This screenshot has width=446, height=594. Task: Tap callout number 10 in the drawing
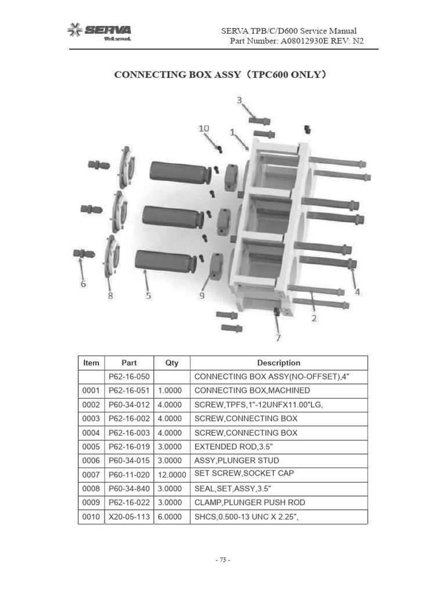pos(204,128)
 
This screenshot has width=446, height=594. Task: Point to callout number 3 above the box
pos(239,100)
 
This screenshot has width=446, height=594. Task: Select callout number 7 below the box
pos(278,337)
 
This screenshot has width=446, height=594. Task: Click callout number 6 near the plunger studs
pos(83,284)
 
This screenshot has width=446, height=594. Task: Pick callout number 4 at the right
pos(357,292)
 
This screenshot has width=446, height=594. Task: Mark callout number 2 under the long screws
pos(314,318)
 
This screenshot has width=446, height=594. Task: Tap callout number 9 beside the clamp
pos(202,295)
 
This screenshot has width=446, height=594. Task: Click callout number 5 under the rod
pos(149,295)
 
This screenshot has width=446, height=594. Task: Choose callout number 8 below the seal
pos(110,295)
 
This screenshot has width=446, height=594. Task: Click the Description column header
pos(279,363)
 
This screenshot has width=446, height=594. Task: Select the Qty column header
pos(172,363)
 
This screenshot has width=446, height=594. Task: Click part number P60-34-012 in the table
pos(130,404)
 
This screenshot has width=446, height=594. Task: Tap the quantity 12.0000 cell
pos(172,474)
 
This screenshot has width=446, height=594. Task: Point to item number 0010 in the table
pos(91,516)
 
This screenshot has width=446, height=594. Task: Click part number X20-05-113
pos(130,516)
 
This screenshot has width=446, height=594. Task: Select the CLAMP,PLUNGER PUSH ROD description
pos(250,502)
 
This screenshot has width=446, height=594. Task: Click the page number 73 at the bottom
pos(223,560)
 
